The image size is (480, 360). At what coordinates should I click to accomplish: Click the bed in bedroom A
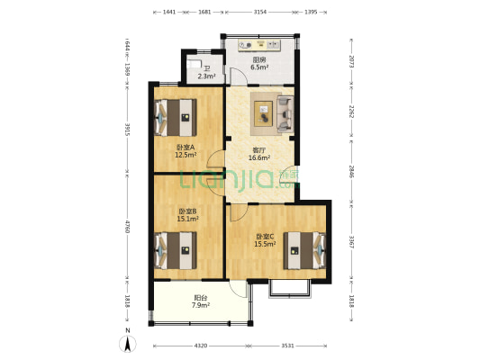[x=176, y=117]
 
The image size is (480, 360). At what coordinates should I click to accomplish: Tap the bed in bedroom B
[x=176, y=250]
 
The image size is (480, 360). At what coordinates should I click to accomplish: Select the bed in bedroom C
[x=304, y=250]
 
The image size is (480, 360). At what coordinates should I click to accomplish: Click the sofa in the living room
[x=285, y=114]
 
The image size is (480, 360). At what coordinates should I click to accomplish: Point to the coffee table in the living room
[x=263, y=113]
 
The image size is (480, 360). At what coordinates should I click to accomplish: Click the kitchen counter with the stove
[x=259, y=45]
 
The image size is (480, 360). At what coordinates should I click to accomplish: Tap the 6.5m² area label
[x=259, y=67]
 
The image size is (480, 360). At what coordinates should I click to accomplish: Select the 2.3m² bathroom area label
[x=206, y=76]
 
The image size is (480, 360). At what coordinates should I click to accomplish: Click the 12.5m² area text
[x=186, y=155]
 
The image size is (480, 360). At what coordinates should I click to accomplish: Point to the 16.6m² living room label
[x=259, y=157]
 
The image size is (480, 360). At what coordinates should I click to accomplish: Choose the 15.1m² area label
[x=187, y=219]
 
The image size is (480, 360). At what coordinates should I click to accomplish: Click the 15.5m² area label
[x=265, y=244]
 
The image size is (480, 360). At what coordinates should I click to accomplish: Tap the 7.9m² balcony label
[x=201, y=305]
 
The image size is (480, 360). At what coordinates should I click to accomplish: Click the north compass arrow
[x=128, y=344]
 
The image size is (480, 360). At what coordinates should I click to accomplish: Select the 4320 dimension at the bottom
[x=201, y=346]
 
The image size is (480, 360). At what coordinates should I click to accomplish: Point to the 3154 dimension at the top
[x=260, y=12]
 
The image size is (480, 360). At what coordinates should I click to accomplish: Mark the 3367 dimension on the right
[x=351, y=241]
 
